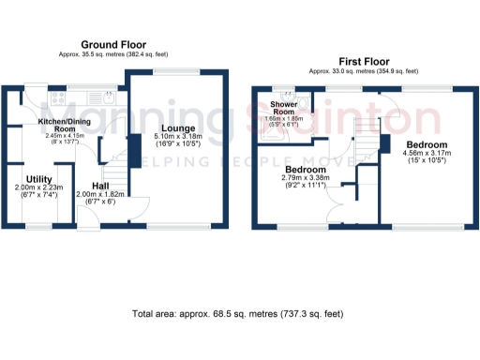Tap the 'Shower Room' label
pyautogui.click(x=284, y=107)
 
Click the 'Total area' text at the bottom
pyautogui.click(x=238, y=314)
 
